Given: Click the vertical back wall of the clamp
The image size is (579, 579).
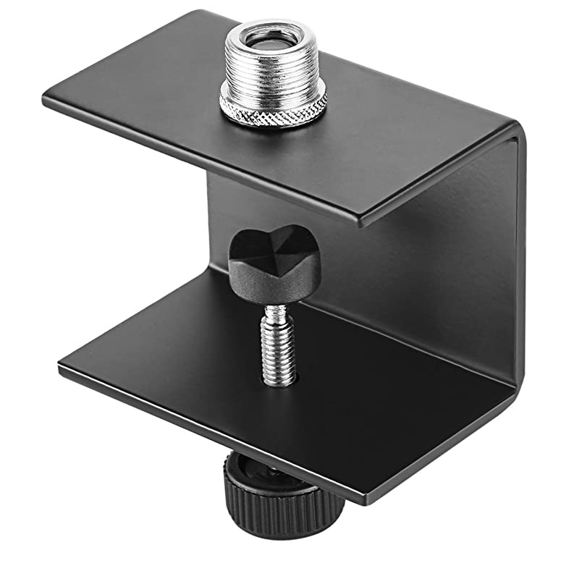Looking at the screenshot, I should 463,289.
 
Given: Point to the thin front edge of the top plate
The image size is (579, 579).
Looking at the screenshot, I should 203,161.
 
